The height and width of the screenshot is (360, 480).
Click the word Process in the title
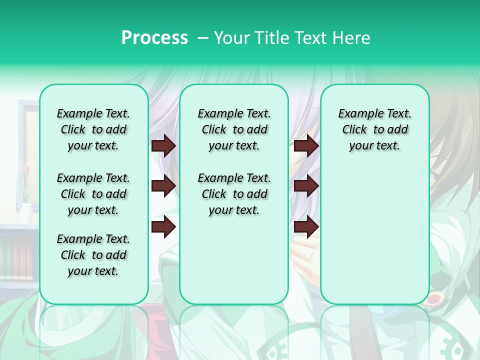click(x=154, y=37)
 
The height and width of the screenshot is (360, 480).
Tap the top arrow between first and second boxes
click(x=163, y=145)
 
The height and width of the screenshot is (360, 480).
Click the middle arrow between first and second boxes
click(x=163, y=186)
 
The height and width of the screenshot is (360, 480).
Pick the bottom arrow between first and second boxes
click(x=163, y=226)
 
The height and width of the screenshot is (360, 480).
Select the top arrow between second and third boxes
click(x=306, y=145)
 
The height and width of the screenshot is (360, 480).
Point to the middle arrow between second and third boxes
click(x=306, y=186)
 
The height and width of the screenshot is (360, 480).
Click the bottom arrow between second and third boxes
click(x=306, y=226)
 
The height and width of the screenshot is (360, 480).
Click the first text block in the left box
click(x=93, y=129)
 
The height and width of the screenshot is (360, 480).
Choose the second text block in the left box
click(x=93, y=194)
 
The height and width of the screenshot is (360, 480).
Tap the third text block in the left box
click(x=93, y=255)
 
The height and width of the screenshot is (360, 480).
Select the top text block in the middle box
click(x=234, y=129)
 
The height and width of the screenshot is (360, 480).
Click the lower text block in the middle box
click(x=234, y=194)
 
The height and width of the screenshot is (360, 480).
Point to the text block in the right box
click(x=374, y=129)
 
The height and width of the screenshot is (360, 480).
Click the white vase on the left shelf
click(x=26, y=212)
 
